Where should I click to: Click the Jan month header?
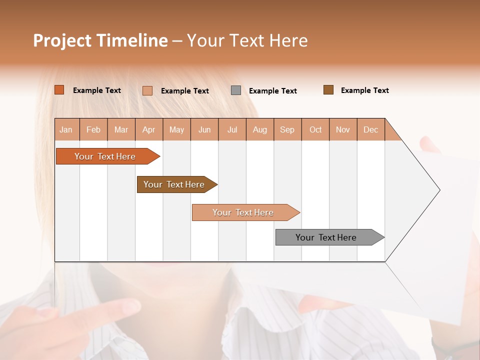(66, 129)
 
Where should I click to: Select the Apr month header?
(148, 129)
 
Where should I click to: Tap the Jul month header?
(232, 129)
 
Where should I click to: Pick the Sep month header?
(287, 129)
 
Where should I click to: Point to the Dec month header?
(370, 129)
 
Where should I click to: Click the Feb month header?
(93, 129)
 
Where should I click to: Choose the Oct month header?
(315, 129)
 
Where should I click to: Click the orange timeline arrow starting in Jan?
(105, 156)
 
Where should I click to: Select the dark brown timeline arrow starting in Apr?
(174, 184)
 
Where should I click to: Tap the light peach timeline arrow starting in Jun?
(243, 212)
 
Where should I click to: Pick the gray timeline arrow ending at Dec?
(326, 237)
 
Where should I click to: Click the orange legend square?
(59, 90)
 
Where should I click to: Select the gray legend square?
(236, 90)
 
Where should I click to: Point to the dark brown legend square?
(328, 90)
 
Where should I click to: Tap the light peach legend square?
(147, 90)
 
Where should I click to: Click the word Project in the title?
(62, 40)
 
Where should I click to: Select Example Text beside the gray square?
(272, 91)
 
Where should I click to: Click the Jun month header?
(204, 129)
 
